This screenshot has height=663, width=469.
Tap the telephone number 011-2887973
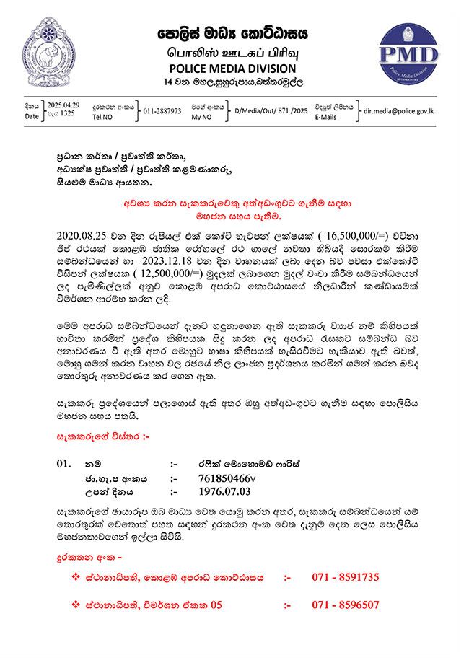point(162,110)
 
